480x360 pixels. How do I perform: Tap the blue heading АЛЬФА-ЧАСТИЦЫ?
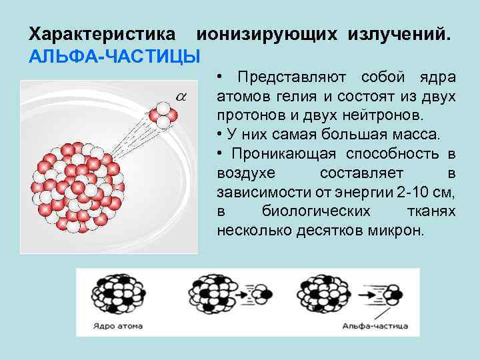tap(115, 55)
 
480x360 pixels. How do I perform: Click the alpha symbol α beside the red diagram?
tap(181, 96)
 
